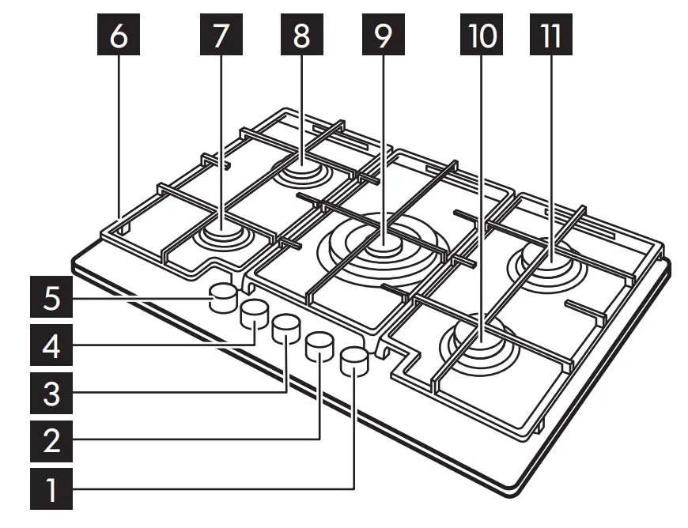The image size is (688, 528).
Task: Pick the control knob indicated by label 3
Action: point(285,327)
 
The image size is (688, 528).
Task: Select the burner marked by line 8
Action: point(303,169)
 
